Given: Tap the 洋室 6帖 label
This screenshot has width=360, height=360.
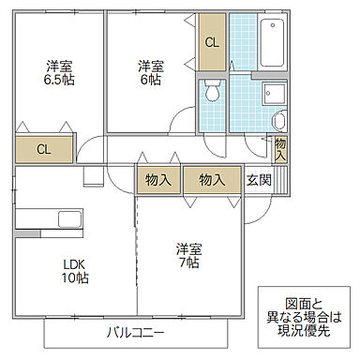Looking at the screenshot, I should [x=149, y=73].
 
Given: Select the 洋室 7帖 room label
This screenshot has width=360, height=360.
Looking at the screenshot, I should [x=188, y=257].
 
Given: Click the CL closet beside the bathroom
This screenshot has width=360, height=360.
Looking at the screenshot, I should [x=212, y=43].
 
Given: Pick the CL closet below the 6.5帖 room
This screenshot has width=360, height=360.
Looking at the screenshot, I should [x=43, y=149].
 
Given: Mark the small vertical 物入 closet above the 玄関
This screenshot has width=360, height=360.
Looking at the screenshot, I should [x=280, y=147].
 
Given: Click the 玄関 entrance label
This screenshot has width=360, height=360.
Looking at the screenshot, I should [x=259, y=180].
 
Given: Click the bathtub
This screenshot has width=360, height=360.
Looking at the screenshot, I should [x=273, y=42].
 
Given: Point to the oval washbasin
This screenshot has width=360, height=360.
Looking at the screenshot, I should [x=278, y=120].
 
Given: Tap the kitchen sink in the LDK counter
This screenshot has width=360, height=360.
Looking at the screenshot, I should [x=70, y=220].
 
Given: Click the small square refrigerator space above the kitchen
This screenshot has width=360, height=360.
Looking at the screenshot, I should [x=93, y=176].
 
